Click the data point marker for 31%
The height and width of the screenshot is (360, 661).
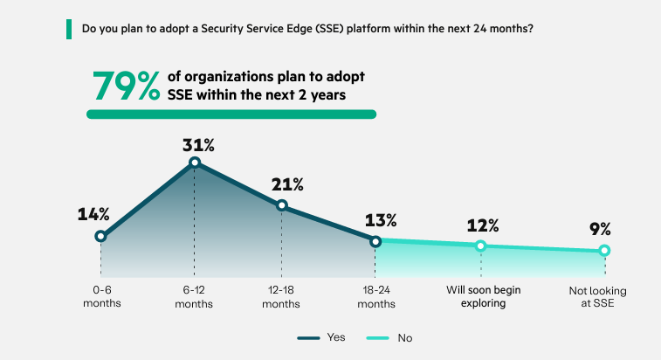(195, 162)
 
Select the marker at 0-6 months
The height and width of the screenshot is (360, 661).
(101, 236)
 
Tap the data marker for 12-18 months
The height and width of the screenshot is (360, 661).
(282, 205)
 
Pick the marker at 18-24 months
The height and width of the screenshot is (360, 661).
(375, 241)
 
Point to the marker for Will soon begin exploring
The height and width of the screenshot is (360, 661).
(480, 246)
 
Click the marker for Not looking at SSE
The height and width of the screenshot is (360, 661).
(604, 251)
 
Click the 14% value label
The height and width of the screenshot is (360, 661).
(93, 214)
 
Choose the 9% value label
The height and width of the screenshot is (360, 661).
(599, 230)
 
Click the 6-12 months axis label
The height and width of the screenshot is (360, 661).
(195, 297)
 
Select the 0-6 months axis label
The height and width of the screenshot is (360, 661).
(101, 297)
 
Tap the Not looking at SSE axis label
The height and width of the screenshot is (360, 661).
(604, 297)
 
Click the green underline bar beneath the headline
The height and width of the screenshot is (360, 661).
(231, 114)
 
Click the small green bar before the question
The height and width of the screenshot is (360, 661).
(70, 29)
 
